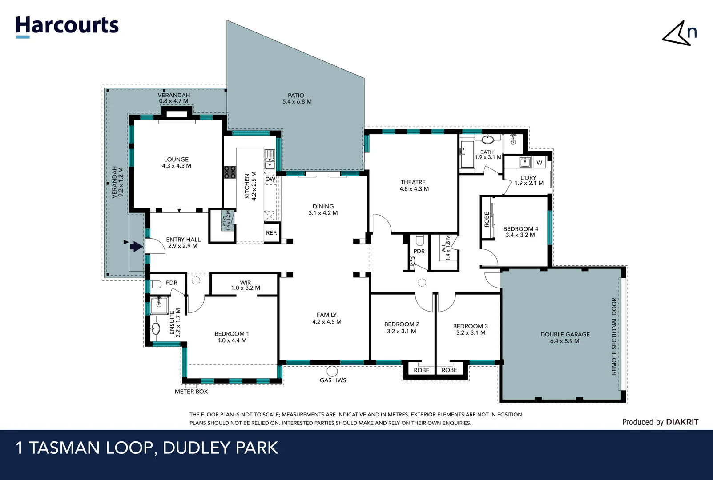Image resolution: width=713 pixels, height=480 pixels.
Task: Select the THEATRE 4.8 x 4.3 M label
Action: coord(414,185)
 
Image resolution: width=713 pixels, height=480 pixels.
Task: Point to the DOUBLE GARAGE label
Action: coord(565,337)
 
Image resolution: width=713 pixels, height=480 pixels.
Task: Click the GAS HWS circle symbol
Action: coord(332,371)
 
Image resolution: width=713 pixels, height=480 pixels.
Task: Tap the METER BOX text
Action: coord(191,392)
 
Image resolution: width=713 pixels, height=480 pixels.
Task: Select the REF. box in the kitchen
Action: coord(271,233)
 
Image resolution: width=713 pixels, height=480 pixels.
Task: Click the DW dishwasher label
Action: coord(270,179)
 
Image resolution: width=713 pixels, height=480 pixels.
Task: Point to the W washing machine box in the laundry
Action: coord(539,163)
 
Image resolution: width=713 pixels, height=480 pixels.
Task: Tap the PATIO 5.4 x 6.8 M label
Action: coord(297,98)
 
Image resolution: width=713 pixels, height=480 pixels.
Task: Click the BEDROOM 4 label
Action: coord(520,232)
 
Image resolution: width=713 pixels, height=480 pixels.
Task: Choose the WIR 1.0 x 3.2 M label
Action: coord(246,285)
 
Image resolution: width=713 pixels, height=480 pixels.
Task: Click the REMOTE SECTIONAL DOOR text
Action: coord(614,336)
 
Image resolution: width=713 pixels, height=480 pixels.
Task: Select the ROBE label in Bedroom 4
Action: coord(487,219)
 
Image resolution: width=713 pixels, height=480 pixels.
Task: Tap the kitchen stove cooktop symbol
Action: coord(230,172)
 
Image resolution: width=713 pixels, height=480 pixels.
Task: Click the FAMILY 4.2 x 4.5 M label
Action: coord(326,318)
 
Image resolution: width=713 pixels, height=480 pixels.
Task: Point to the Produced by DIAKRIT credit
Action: coord(660,422)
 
